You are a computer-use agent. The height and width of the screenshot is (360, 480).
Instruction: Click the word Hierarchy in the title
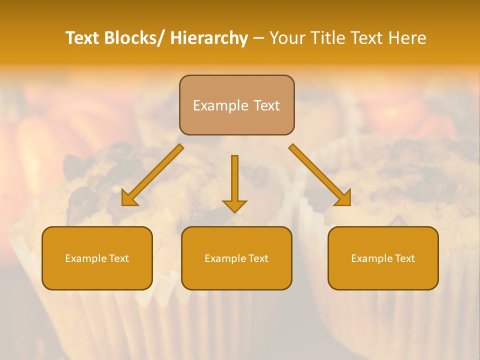[209, 38]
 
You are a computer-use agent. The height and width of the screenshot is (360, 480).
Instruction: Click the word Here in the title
[407, 38]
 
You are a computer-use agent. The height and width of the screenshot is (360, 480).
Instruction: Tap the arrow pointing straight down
[234, 183]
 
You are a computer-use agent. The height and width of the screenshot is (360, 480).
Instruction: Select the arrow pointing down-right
[320, 175]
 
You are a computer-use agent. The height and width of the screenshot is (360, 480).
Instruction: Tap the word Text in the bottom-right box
[403, 258]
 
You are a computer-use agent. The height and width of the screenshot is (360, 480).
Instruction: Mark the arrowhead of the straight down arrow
[234, 205]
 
